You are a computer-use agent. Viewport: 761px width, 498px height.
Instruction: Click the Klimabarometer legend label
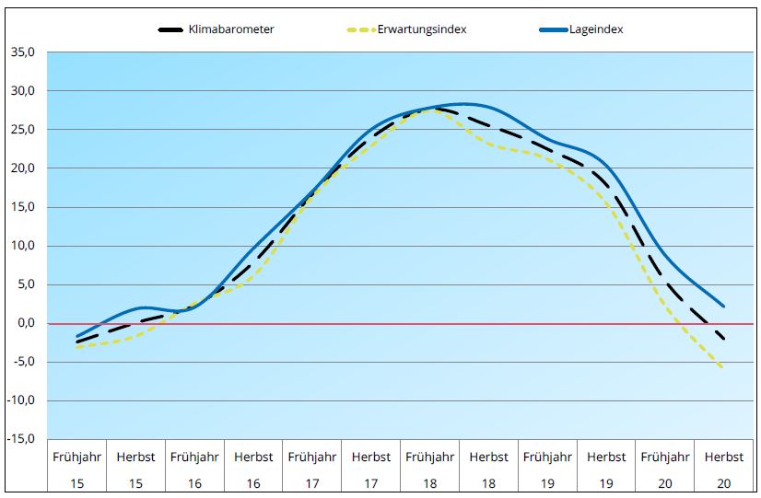(231, 29)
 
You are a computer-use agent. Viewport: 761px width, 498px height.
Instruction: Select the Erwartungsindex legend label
(422, 29)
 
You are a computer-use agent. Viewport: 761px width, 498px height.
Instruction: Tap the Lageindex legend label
(596, 29)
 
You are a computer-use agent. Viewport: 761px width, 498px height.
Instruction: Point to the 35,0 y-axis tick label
(21, 52)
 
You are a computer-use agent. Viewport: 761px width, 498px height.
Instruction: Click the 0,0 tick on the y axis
(24, 323)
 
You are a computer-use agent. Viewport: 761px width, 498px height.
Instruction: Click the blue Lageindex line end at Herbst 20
(723, 306)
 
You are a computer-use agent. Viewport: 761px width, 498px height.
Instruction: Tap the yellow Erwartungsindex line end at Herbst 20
(722, 367)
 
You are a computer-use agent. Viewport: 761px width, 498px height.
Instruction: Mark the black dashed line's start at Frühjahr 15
(77, 342)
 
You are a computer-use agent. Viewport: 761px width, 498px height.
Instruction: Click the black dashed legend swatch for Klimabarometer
(171, 29)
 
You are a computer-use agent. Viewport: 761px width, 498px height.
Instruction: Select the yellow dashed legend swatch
(360, 29)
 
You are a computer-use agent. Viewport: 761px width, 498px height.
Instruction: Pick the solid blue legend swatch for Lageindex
(553, 29)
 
